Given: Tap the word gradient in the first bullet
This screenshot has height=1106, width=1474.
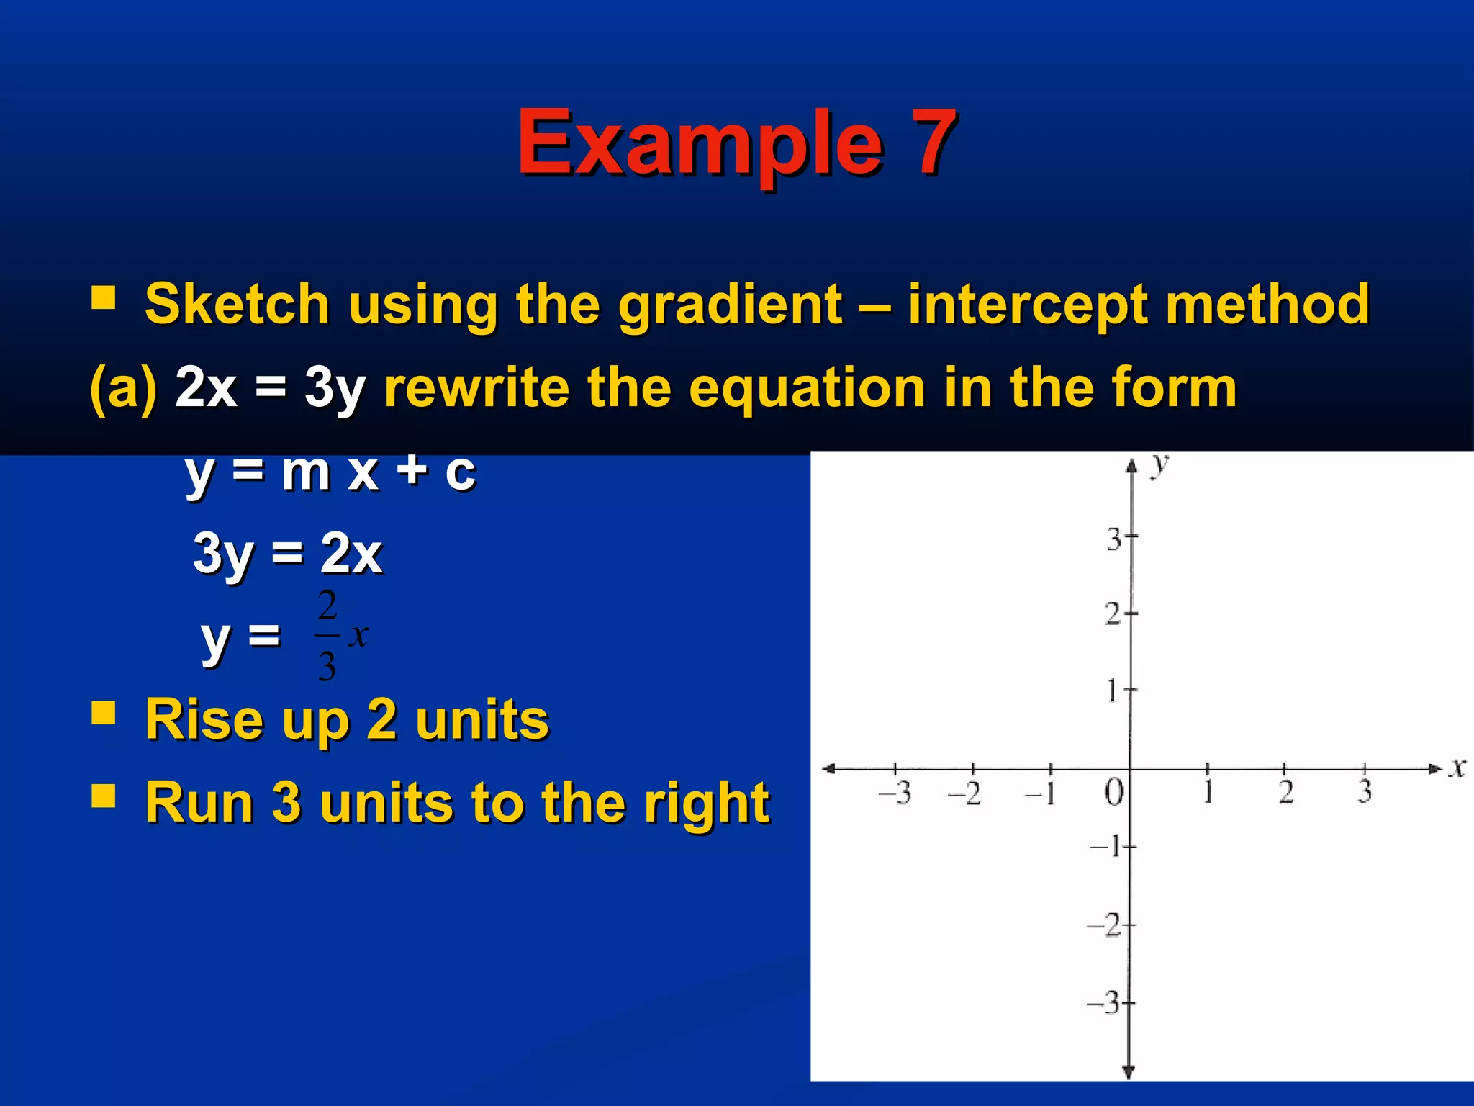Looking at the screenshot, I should click(x=730, y=304).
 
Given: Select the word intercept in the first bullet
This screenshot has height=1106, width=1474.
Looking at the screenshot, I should click(x=1027, y=304).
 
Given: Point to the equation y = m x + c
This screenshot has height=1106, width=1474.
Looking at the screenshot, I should click(x=330, y=472).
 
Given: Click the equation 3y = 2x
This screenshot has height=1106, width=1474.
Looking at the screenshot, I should click(x=287, y=554).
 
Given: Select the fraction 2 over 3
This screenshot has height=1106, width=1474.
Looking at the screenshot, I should click(x=327, y=635).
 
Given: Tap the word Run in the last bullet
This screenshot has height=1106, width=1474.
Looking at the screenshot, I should click(x=199, y=802).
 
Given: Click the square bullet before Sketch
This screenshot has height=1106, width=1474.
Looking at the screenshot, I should click(x=104, y=297).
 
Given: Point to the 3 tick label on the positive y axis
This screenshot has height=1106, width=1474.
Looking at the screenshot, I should click(x=1113, y=539).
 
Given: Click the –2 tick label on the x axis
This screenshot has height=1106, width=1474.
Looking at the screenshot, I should click(x=964, y=793).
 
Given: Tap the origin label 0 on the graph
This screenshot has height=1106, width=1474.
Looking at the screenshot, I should click(x=1113, y=793).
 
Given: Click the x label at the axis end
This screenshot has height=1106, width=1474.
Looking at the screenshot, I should click(x=1457, y=768).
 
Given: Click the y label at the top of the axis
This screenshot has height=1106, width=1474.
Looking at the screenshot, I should click(x=1159, y=464).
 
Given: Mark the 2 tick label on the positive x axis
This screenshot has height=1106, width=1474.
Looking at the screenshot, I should click(x=1286, y=792).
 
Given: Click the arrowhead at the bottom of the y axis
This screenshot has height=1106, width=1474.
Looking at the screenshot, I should click(x=1129, y=1072).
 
